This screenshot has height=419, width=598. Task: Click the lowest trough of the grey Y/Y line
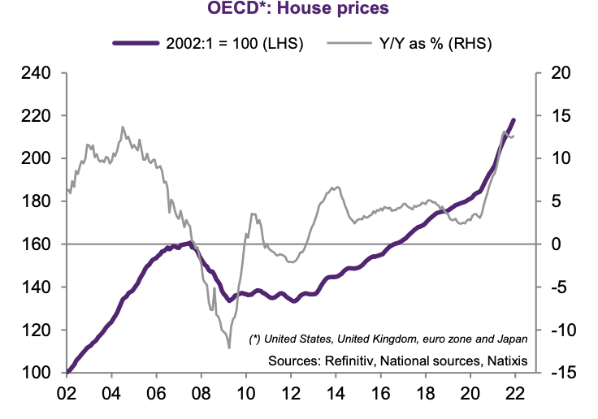(229, 348)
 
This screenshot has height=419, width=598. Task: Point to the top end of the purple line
(513, 120)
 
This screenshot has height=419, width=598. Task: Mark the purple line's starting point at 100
(68, 372)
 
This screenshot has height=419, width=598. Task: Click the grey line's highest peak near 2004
(123, 127)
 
